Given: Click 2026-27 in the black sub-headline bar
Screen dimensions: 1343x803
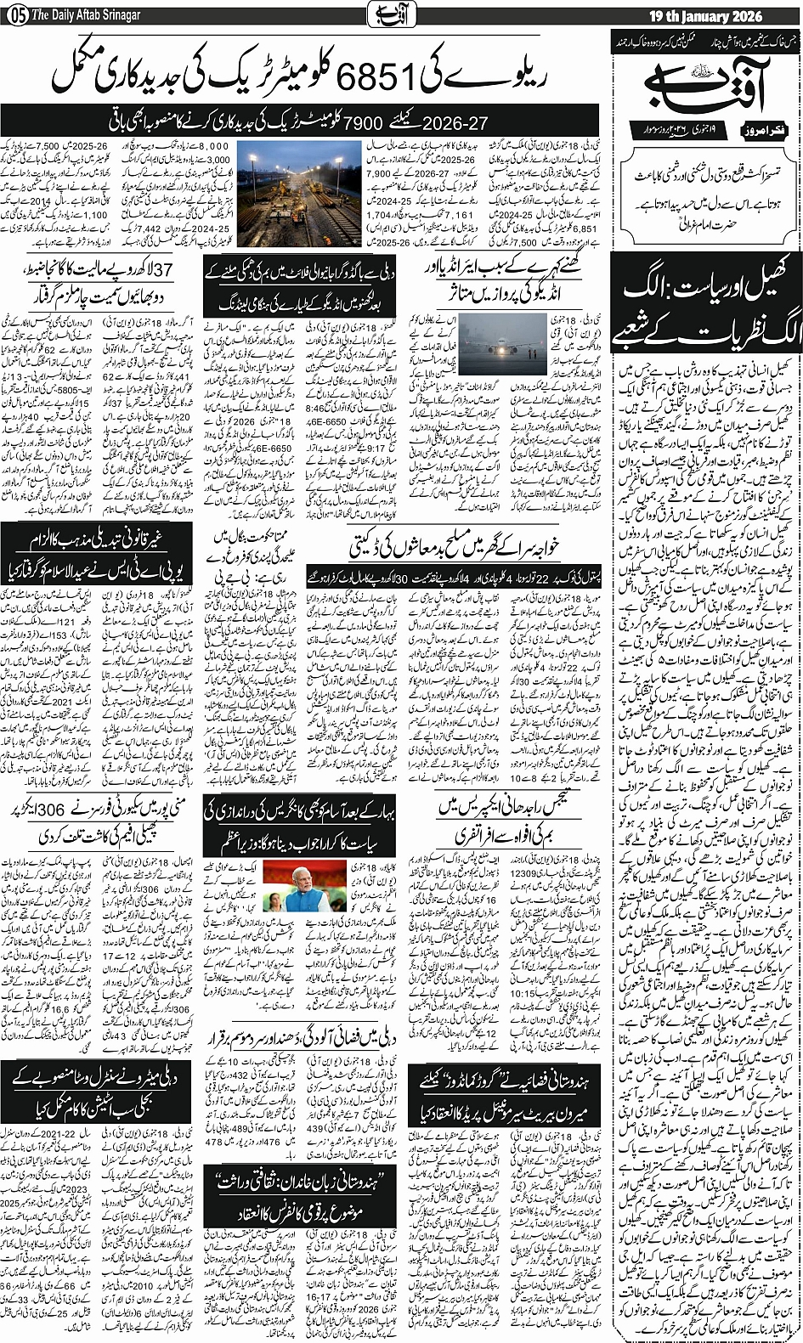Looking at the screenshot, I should pos(460,121).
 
